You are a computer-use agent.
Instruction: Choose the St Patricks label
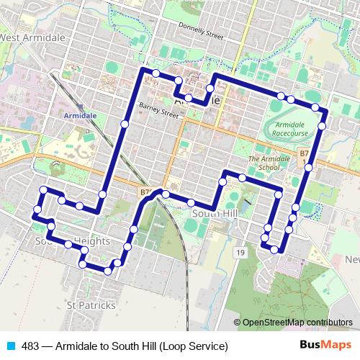(x=91, y=305)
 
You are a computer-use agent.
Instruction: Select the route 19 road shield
(x=240, y=252)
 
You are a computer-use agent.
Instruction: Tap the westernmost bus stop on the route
(x=36, y=211)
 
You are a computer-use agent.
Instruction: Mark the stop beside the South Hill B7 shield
(x=165, y=194)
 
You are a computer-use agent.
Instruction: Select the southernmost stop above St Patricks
(x=108, y=271)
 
